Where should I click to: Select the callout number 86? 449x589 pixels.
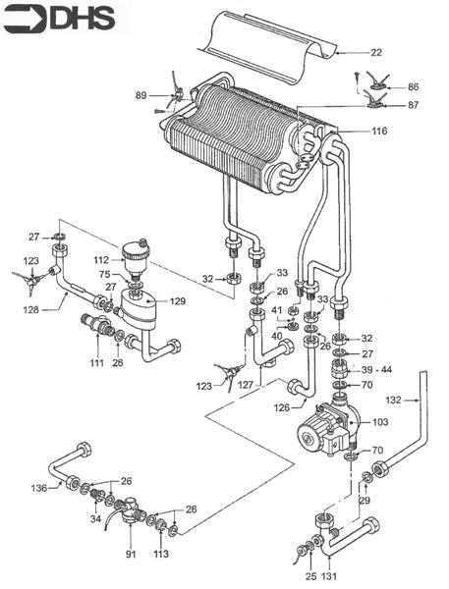413,87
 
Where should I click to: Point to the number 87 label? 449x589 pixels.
413,105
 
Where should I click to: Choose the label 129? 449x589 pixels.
177,300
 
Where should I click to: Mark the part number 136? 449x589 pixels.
39,488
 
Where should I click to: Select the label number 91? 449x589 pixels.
130,555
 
